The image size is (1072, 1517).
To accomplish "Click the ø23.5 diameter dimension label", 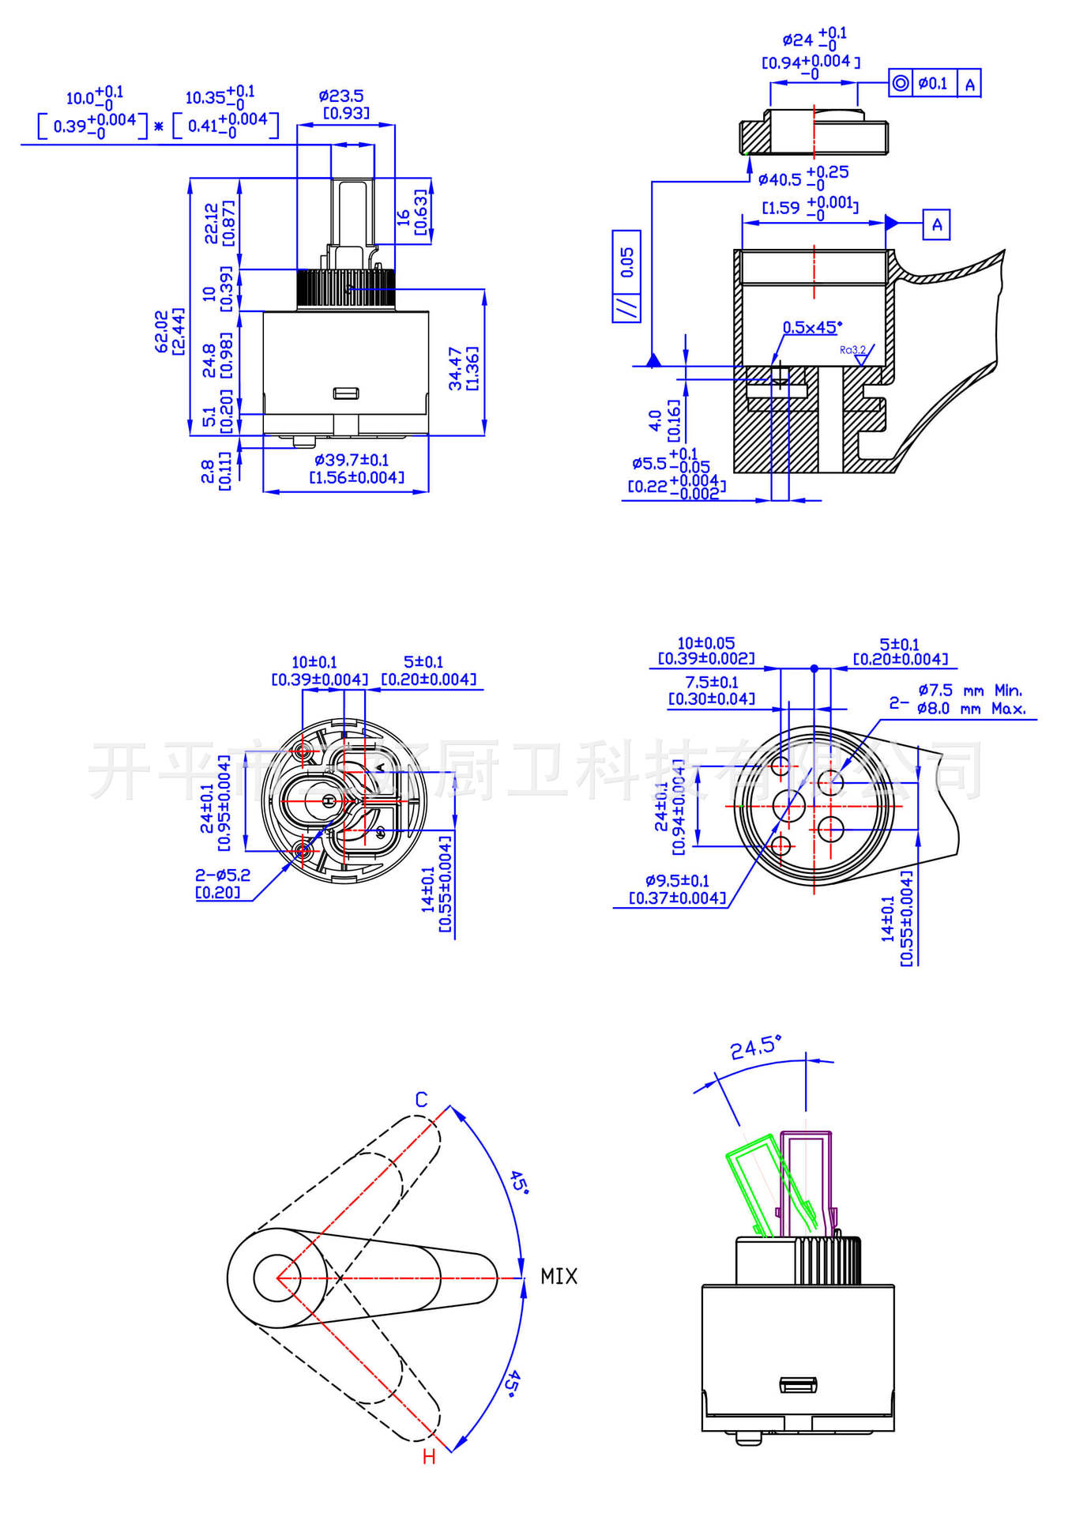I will click(341, 96).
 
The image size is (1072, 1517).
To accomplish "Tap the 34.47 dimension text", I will click(456, 368).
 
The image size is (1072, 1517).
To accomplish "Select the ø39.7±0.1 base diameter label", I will click(352, 460).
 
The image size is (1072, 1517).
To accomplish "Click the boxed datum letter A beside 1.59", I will click(936, 224).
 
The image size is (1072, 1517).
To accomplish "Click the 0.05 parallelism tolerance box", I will click(626, 262).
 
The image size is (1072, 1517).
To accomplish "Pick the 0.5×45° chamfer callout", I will click(812, 327).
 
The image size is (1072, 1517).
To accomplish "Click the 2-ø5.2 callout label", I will click(223, 875).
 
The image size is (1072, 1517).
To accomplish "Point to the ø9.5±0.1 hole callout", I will click(677, 881).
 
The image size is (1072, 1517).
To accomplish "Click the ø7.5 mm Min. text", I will click(969, 691).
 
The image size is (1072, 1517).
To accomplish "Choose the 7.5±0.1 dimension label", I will click(712, 682).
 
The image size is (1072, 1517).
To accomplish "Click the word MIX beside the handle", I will click(559, 1277).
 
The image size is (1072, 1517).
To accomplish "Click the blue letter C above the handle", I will click(421, 1100).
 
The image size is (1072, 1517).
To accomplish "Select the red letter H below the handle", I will click(429, 1457).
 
